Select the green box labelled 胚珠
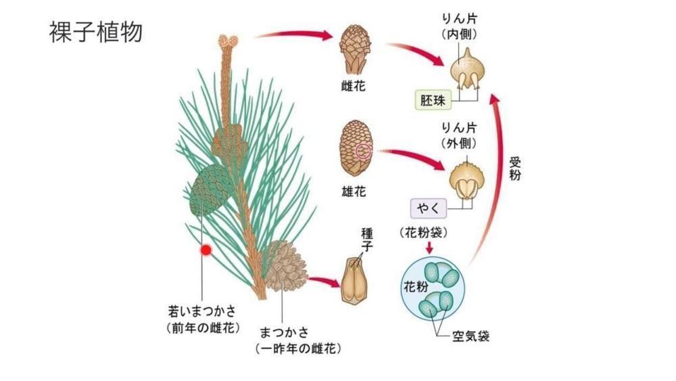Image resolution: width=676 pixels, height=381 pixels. pyautogui.click(x=432, y=101)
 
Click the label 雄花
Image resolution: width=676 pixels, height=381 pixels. pyautogui.click(x=354, y=192)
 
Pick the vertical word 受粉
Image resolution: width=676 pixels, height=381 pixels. pyautogui.click(x=516, y=168)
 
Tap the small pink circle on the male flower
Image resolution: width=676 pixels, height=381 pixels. pyautogui.click(x=363, y=150)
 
